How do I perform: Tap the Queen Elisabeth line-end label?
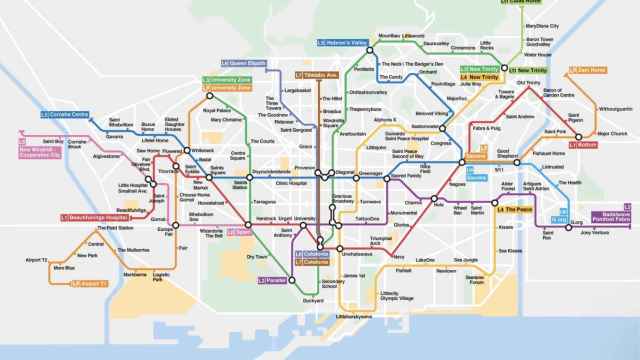tap(240, 62)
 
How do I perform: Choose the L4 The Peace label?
tap(514, 210)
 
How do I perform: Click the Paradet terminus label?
tap(271, 280)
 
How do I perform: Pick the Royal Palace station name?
tap(215, 111)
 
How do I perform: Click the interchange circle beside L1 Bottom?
tap(575, 143)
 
